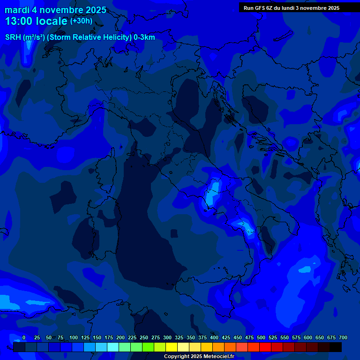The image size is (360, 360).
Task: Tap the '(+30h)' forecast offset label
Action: [81, 21]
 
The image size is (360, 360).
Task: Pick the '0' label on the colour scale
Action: [24, 337]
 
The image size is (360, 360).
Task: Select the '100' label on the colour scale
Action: [74, 337]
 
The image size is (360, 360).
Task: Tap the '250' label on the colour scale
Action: [144, 337]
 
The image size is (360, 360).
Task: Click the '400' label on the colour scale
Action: [214, 337]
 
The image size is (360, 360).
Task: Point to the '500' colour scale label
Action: [261, 337]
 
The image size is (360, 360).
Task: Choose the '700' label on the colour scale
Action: [343, 337]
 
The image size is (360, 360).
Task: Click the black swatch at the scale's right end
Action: [336, 347]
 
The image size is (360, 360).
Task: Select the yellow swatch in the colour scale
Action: [172, 347]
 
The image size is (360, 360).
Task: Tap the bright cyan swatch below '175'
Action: [113, 347]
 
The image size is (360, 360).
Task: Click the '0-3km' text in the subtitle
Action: [144, 37]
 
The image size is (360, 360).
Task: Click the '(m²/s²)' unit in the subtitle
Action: [33, 37]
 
